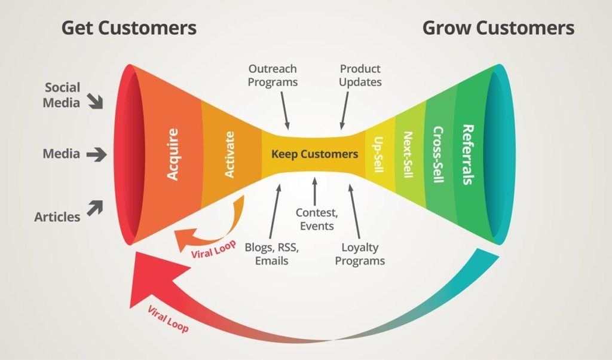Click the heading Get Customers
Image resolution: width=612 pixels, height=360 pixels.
128,28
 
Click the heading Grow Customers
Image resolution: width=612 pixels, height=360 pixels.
498,28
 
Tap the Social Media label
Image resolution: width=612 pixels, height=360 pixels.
62,95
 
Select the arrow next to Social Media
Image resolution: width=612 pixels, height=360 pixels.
94,100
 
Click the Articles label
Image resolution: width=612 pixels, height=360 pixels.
57,216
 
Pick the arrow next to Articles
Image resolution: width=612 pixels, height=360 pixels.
94,208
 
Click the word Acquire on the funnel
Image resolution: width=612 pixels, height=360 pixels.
173,154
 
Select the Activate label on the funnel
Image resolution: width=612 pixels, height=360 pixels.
229,154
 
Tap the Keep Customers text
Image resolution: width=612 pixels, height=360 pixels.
314,154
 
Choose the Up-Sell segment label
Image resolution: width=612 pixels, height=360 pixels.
378,154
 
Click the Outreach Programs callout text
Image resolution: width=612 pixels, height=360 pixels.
273,75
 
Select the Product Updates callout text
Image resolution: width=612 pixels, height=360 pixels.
360,75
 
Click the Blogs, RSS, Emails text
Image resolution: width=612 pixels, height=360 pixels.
271,254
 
